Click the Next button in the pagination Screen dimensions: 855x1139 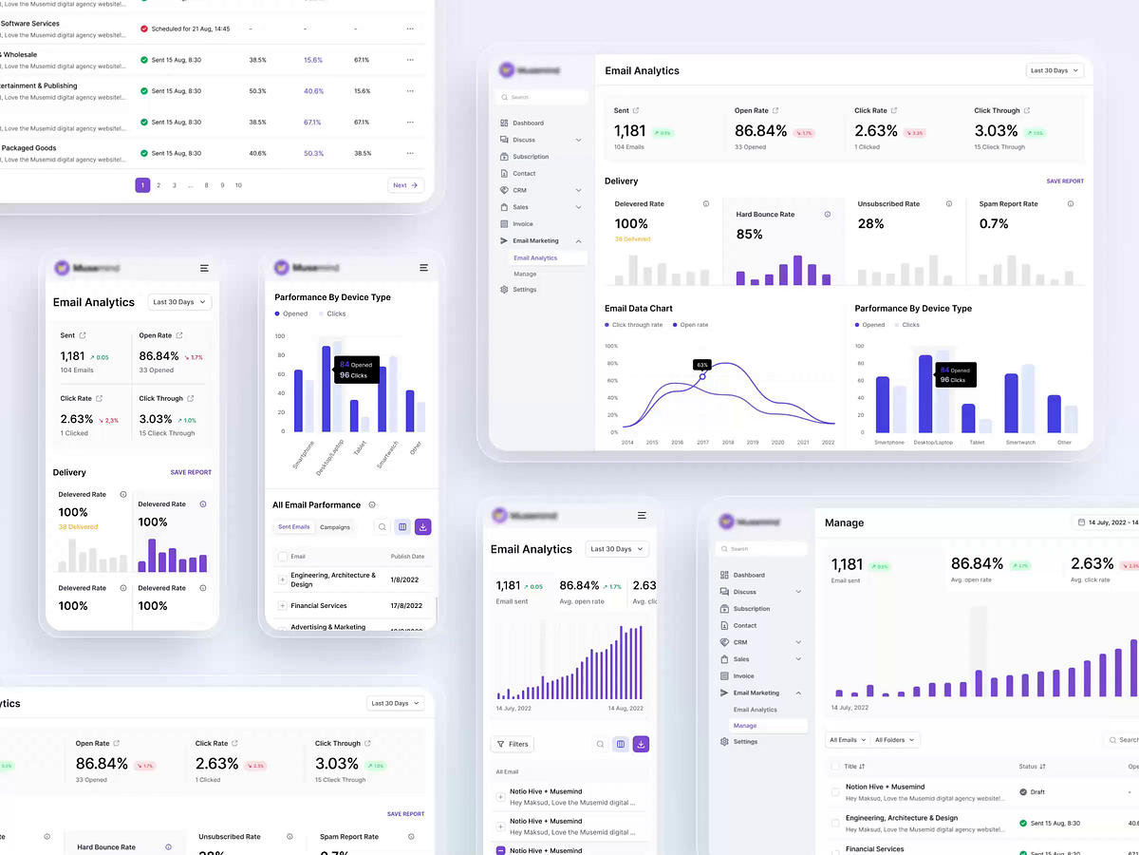(x=405, y=185)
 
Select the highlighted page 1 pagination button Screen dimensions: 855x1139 (x=142, y=185)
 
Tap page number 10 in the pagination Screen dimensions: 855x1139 (x=238, y=185)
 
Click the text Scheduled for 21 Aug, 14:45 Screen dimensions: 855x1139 (x=191, y=29)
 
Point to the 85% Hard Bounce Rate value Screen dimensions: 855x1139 (x=749, y=235)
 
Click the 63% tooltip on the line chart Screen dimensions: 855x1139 (x=701, y=365)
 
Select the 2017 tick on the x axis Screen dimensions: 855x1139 (x=702, y=443)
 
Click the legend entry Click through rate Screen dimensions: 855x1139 (x=637, y=325)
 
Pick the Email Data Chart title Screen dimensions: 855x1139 (x=639, y=309)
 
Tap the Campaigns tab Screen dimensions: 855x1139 (x=335, y=527)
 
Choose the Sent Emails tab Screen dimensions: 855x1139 (x=293, y=527)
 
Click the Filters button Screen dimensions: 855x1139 (x=513, y=745)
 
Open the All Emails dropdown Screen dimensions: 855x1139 (x=848, y=740)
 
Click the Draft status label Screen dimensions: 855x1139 (x=1036, y=791)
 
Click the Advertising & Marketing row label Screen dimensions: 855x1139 (x=327, y=627)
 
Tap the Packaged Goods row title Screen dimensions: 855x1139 (x=28, y=148)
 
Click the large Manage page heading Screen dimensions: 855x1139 (x=844, y=522)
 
